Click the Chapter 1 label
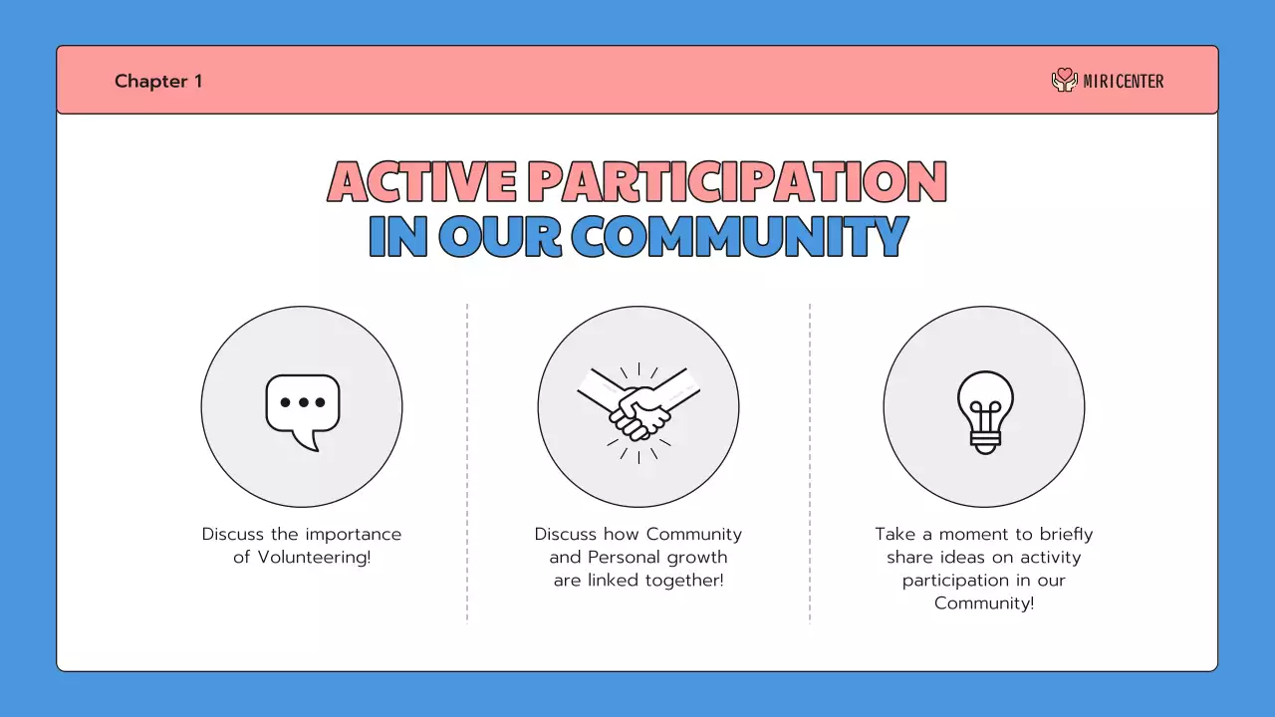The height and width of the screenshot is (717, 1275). click(x=158, y=81)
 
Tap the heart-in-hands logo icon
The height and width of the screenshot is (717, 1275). click(x=1064, y=80)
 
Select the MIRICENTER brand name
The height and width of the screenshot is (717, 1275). click(x=1124, y=82)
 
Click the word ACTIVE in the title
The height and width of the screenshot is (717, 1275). click(x=421, y=182)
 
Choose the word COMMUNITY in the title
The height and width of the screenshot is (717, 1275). click(x=739, y=237)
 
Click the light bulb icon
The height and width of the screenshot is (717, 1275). click(x=984, y=410)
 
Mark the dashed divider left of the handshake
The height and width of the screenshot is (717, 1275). click(x=467, y=462)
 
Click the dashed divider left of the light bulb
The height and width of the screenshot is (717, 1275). click(x=810, y=462)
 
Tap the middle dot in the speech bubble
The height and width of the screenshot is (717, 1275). click(x=303, y=402)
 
